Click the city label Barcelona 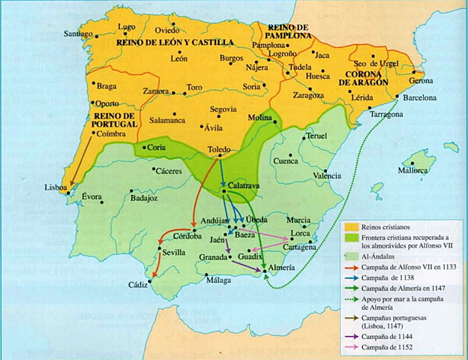point(420,98)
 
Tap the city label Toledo point(218,149)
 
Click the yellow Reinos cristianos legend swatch point(353,225)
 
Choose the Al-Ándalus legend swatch point(353,254)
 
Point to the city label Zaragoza point(308,96)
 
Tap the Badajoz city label point(145,198)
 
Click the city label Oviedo point(168,30)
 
